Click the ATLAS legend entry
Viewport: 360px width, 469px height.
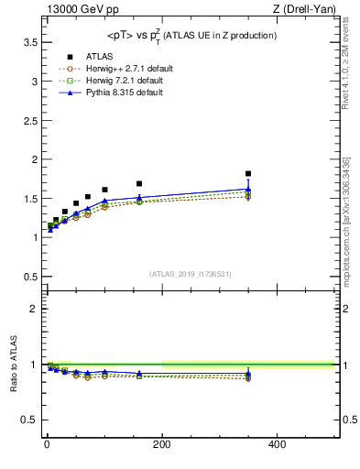(99, 56)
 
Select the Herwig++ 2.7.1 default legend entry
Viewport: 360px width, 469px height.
(125, 68)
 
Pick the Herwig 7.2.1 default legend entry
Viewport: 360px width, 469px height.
(123, 81)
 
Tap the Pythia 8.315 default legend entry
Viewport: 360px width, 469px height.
(123, 93)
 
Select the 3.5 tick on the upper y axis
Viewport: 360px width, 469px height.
(29, 42)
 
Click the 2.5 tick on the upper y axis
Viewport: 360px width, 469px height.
(29, 120)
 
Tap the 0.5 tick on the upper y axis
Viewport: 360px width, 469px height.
(29, 276)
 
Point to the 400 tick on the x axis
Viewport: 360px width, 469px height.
(277, 445)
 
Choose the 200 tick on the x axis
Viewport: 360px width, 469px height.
(162, 445)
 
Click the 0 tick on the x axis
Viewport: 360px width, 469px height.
(47, 445)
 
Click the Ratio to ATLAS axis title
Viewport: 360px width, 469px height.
(14, 365)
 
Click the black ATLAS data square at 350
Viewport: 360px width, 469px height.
(248, 173)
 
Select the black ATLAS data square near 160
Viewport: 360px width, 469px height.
(139, 183)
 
